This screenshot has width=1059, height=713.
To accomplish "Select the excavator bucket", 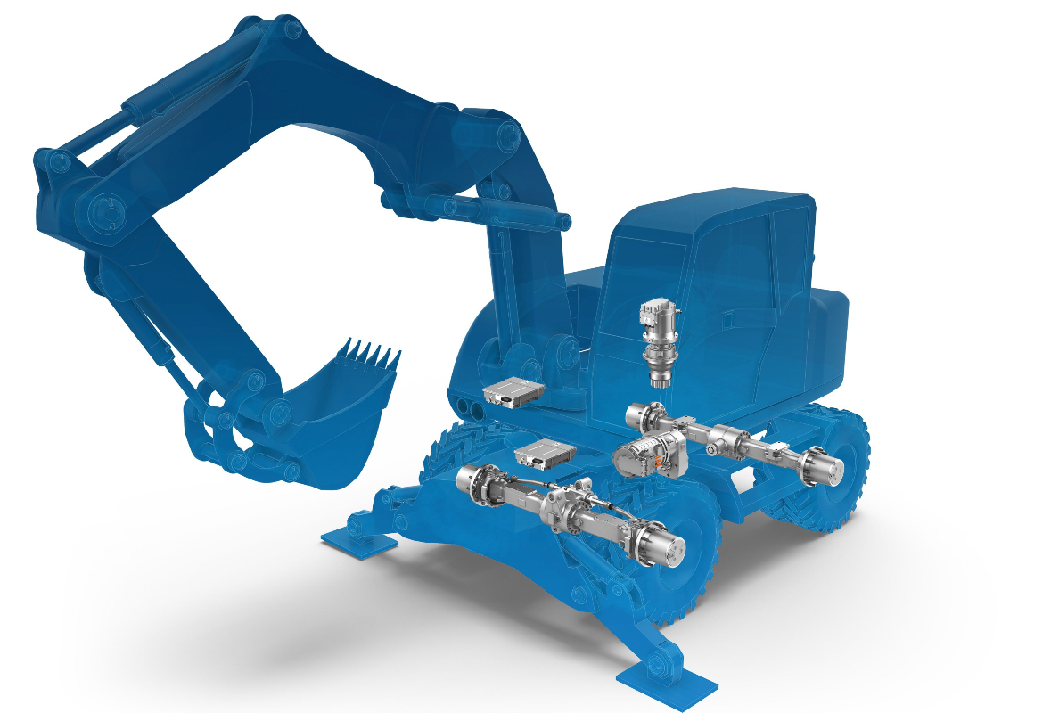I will point(339,410).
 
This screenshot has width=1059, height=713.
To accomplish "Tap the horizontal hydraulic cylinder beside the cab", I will point(499,212).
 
